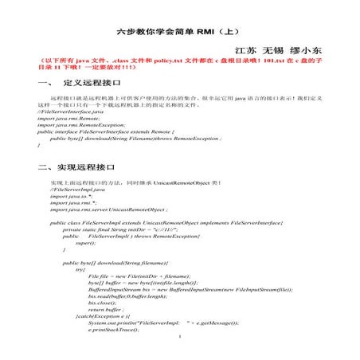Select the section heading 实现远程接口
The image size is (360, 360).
pos(86,168)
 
